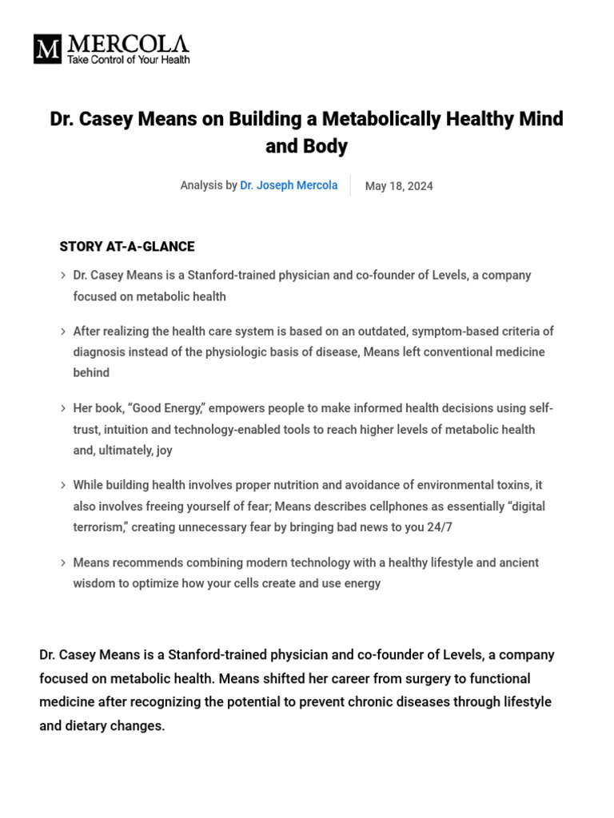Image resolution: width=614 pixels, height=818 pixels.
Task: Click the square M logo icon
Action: coord(47,50)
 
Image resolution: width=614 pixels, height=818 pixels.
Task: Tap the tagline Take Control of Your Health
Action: coord(129,60)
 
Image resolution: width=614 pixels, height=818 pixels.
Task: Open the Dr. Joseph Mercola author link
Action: coord(289,185)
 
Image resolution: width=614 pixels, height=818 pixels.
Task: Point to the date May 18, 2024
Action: coord(399,186)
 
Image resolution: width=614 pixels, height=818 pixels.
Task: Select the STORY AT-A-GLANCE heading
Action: coord(127,247)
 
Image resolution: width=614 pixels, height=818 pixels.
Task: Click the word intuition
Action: coord(132,430)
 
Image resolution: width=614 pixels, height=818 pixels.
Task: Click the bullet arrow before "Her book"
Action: coord(62,409)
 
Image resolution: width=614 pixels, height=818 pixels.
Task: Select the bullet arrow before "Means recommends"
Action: coord(62,563)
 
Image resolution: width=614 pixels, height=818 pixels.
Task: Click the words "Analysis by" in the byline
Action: coord(209,185)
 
